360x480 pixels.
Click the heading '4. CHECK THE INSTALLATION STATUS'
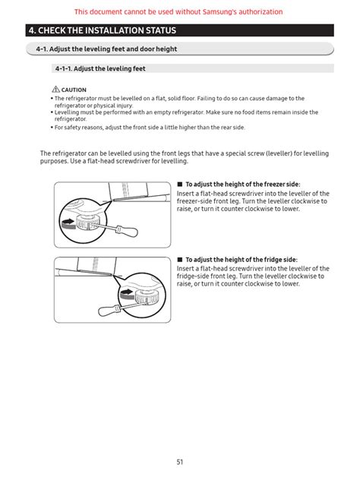(101, 31)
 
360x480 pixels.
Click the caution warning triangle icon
(55, 90)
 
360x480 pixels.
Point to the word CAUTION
(74, 90)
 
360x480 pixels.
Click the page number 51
(179, 461)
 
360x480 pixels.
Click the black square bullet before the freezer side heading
(180, 185)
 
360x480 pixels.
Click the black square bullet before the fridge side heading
(180, 260)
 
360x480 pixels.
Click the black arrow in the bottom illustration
(126, 293)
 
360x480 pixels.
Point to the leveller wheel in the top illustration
(90, 221)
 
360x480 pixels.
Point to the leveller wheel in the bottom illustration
(147, 293)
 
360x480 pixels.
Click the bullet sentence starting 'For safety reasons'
(150, 128)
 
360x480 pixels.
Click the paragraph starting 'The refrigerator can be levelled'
(184, 157)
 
